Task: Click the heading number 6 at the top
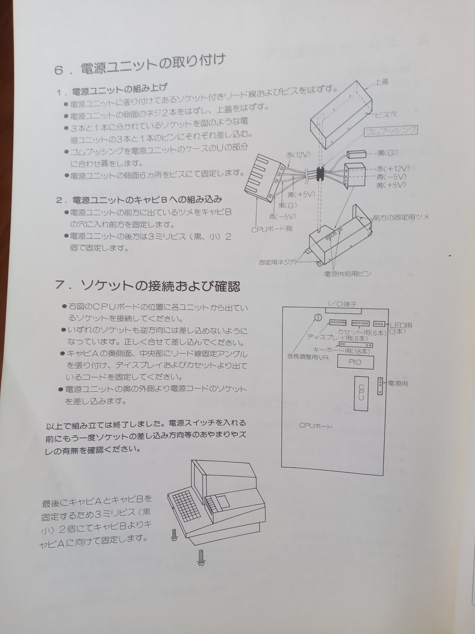pyautogui.click(x=59, y=70)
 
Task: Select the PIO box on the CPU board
pyautogui.click(x=355, y=362)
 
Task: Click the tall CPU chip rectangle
pyautogui.click(x=361, y=393)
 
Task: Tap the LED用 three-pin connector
pyautogui.click(x=379, y=324)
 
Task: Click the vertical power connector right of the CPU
pyautogui.click(x=380, y=386)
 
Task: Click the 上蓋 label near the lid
pyautogui.click(x=382, y=82)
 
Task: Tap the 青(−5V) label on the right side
pyautogui.click(x=391, y=177)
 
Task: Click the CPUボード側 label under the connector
pyautogui.click(x=272, y=229)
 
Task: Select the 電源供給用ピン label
pyautogui.click(x=347, y=274)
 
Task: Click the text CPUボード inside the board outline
pyautogui.click(x=315, y=426)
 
